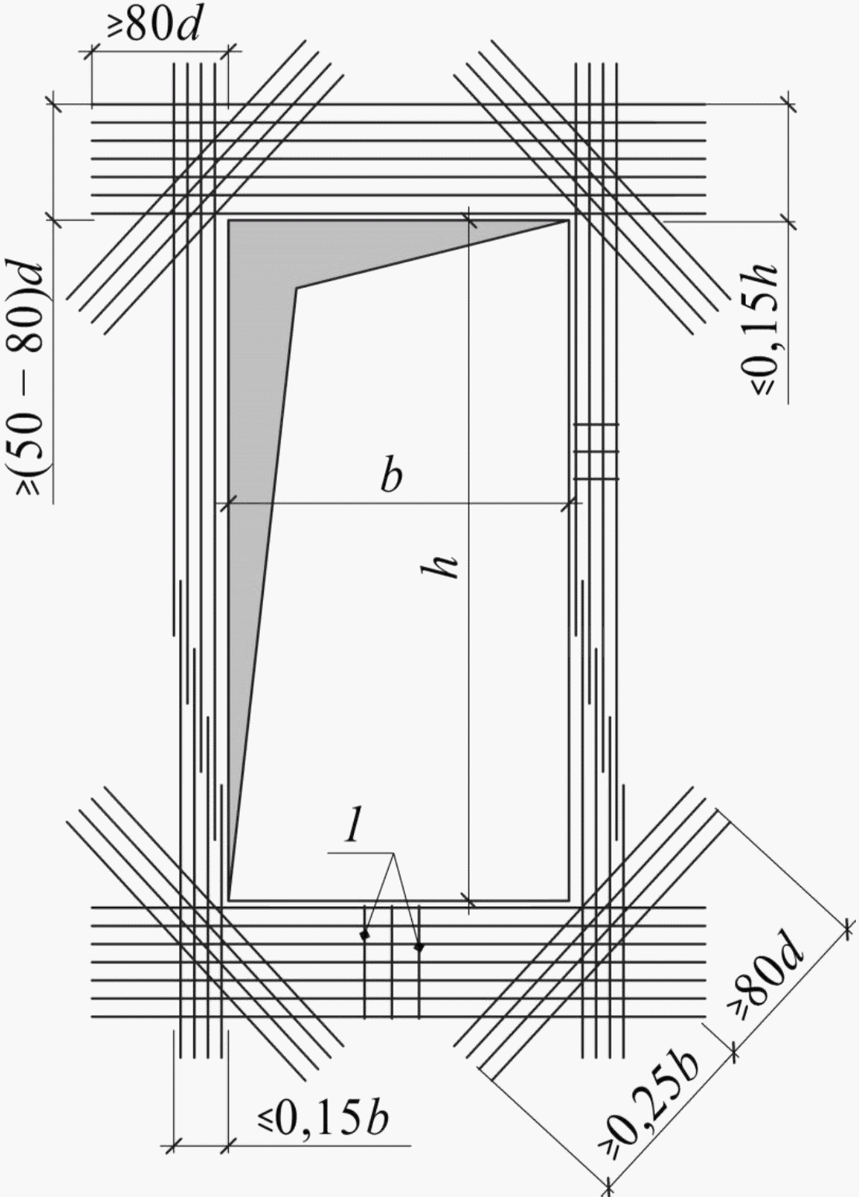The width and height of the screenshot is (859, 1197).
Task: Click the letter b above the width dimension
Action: click(x=391, y=477)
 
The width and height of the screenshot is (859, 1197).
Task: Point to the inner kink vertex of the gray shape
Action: click(x=296, y=288)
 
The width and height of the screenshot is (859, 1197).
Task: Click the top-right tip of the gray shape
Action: click(x=566, y=220)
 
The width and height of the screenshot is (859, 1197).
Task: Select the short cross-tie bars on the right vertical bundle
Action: click(x=596, y=452)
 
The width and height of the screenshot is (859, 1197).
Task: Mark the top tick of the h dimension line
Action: click(x=469, y=219)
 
